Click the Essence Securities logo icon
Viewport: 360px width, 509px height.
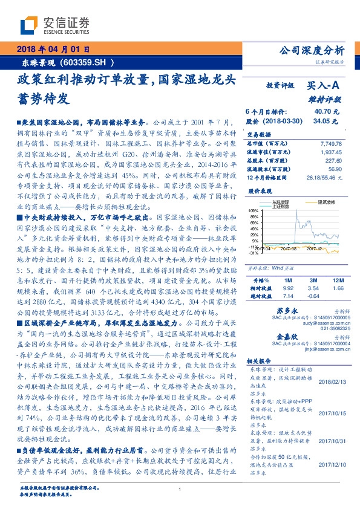tap(30, 25)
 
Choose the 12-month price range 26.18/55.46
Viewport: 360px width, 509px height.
tap(327, 178)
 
